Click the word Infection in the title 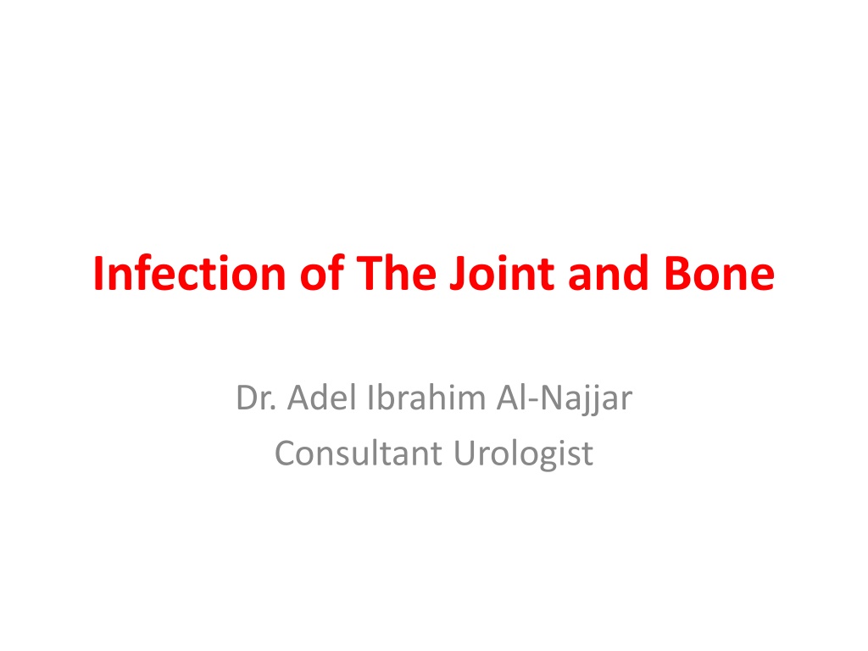coord(189,273)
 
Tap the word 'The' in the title coord(397,273)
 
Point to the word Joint coord(502,273)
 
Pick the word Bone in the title coord(720,274)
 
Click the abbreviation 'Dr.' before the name coord(256,398)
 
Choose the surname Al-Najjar coord(565,398)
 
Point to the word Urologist coord(524,454)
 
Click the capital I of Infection coord(98,274)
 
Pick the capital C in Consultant coord(287,453)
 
